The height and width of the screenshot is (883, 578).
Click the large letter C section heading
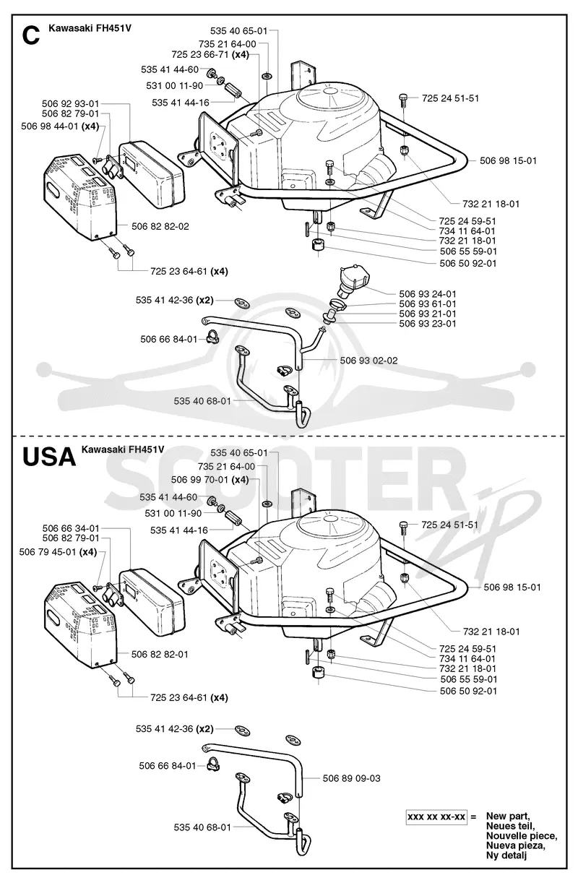pos(31,35)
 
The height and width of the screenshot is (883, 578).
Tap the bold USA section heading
pos(49,457)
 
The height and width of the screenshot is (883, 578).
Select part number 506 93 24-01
pos(428,294)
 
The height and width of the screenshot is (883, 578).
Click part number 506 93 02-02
pos(368,361)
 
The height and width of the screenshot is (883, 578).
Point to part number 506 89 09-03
pos(351,778)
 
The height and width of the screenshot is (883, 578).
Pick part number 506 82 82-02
pos(160,226)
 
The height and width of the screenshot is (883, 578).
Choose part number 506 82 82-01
pos(160,655)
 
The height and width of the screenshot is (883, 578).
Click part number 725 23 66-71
pos(200,54)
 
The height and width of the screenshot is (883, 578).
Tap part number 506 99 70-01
pos(199,480)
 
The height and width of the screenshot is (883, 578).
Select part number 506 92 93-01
pos(71,103)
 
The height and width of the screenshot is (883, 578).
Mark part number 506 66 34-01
pos(71,528)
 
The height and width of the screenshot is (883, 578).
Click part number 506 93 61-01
pos(428,304)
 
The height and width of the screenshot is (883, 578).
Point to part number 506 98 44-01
pos(50,126)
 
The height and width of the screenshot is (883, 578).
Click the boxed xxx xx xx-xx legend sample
pos(436,817)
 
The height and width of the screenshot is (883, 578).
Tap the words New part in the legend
pos(508,816)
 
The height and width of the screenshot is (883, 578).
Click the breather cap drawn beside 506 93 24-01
pos(353,282)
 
